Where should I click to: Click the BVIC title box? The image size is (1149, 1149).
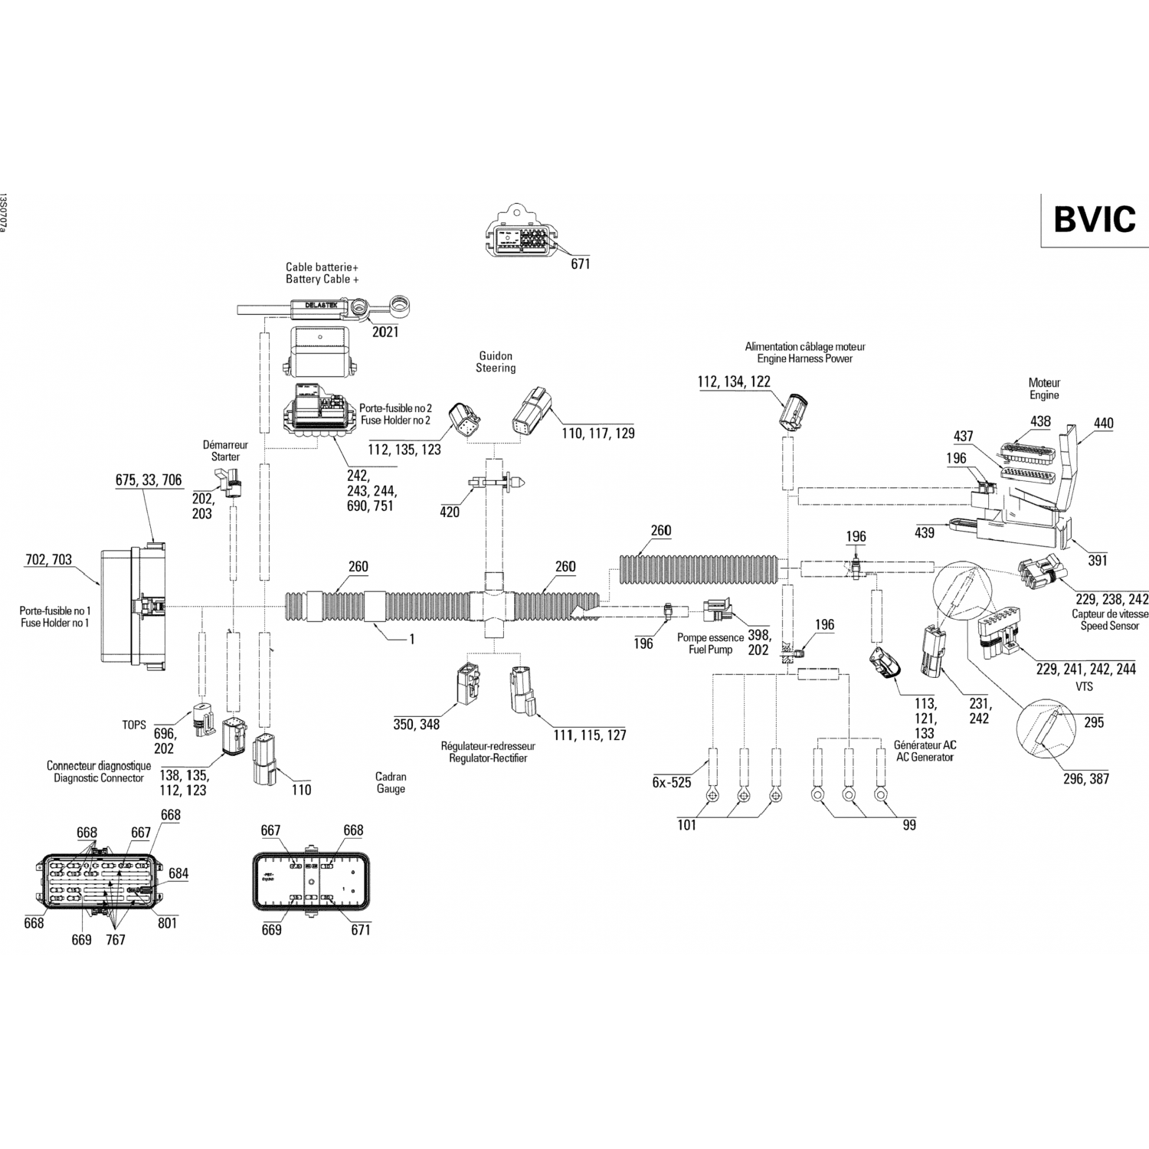1094,219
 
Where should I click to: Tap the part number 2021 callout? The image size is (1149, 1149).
385,332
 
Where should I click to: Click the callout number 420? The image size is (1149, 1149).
450,512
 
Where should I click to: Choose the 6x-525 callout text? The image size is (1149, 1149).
672,782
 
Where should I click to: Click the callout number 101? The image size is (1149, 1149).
687,825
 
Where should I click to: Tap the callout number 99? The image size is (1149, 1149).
909,825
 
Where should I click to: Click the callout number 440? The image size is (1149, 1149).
1104,423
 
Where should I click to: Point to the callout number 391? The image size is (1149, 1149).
1098,561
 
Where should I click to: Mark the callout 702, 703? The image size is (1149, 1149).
48,560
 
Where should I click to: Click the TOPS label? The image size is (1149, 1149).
134,725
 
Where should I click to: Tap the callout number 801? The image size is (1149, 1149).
167,923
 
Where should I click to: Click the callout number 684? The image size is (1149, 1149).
178,874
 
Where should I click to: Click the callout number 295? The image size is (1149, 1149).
1094,722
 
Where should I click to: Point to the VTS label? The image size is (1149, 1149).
1084,687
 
